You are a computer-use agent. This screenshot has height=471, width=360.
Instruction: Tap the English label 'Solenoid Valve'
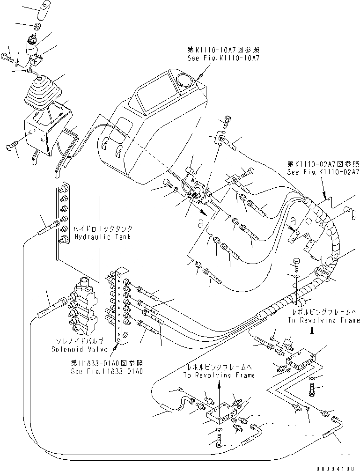pos(77,349)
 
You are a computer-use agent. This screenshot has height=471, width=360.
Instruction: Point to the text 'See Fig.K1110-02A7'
pos(323,171)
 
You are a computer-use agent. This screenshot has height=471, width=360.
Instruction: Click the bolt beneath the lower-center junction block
pos(220,441)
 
